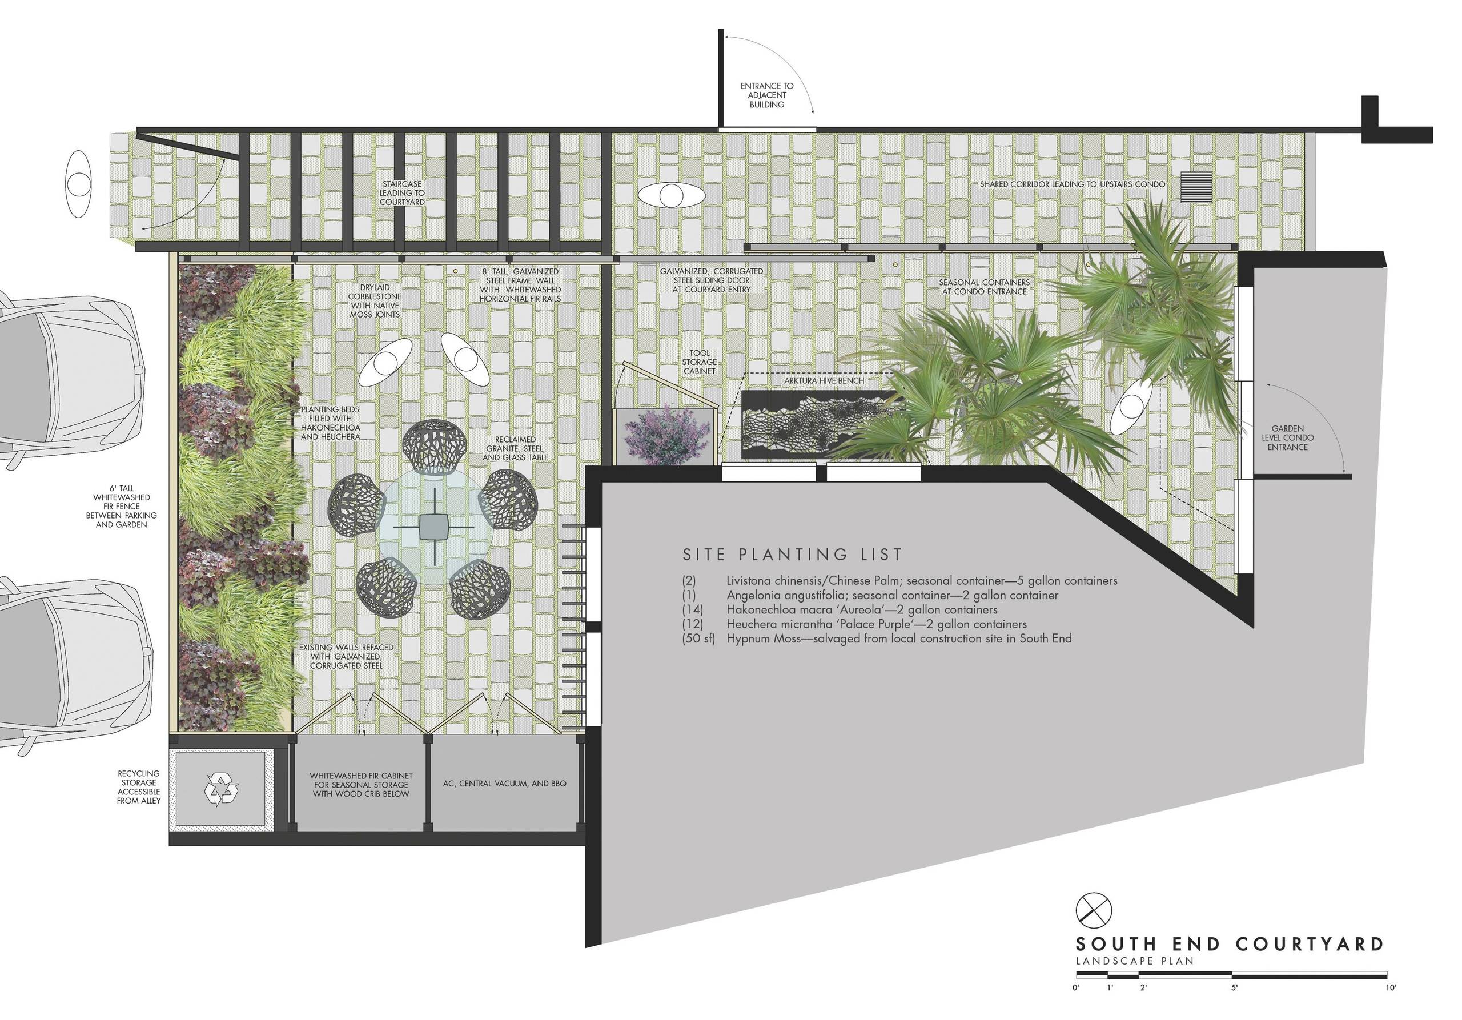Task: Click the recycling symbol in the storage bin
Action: pos(222,791)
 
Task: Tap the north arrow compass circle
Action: pos(1093,910)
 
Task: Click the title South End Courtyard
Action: pos(1230,944)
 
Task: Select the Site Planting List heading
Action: pos(793,555)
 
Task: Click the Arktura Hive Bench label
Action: pos(824,381)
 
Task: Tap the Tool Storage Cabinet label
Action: pos(699,362)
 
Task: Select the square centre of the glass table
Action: pos(434,527)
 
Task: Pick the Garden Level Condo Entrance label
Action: pos(1287,438)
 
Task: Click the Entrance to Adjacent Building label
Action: pos(766,95)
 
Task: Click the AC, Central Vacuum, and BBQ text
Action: pos(504,784)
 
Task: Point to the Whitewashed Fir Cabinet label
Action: pos(361,785)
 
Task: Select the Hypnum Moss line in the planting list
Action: pos(877,638)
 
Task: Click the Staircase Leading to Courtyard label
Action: pos(402,193)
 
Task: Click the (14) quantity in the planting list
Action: pos(693,609)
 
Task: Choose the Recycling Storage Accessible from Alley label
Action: pos(139,787)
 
